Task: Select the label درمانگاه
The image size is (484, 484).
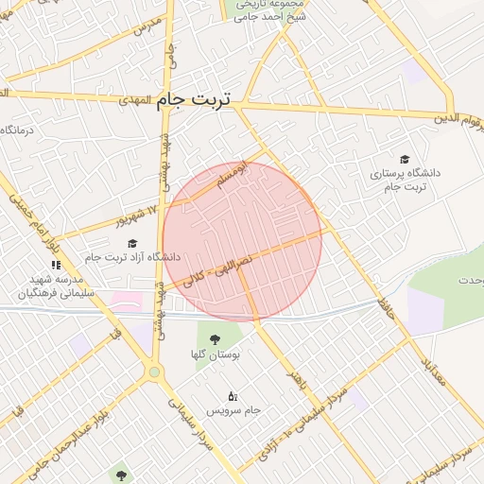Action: (x=18, y=130)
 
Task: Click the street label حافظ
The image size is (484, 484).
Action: (x=386, y=306)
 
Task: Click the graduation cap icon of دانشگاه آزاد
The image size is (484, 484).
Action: (x=131, y=243)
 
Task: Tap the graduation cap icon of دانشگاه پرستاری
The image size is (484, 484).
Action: (x=406, y=160)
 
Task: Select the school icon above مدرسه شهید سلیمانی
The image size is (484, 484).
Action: (x=56, y=264)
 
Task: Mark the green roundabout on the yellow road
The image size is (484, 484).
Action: (x=155, y=372)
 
